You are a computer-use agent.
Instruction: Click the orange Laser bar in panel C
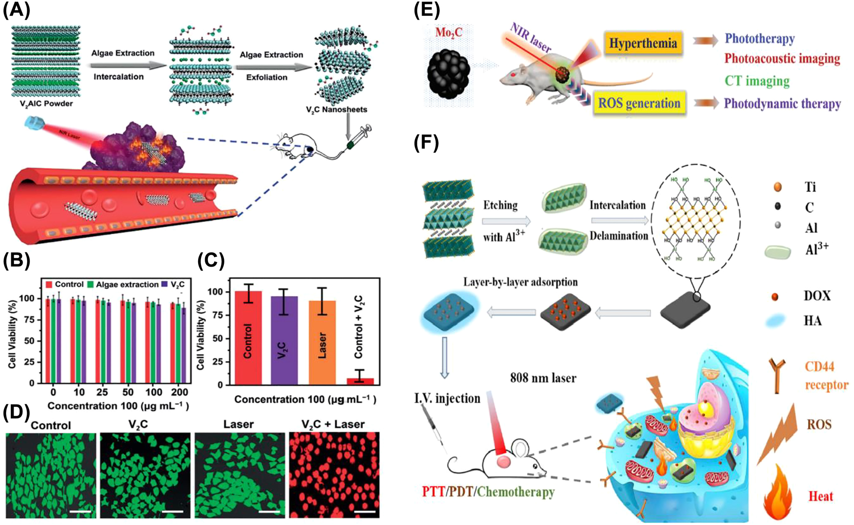pyautogui.click(x=322, y=342)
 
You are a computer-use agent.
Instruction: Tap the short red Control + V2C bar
pyautogui.click(x=360, y=381)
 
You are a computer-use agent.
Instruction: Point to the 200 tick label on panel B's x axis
pyautogui.click(x=179, y=392)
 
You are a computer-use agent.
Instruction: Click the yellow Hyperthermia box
pyautogui.click(x=643, y=44)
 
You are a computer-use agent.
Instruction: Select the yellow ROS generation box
pyautogui.click(x=639, y=103)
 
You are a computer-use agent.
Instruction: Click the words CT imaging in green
pyautogui.click(x=757, y=81)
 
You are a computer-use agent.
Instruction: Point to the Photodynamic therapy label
pyautogui.click(x=782, y=104)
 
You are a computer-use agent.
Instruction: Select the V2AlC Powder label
pyautogui.click(x=46, y=104)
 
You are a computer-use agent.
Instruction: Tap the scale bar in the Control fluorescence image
pyautogui.click(x=80, y=511)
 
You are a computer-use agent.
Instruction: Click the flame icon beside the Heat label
pyautogui.click(x=778, y=494)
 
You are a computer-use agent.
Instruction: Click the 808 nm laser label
pyautogui.click(x=543, y=377)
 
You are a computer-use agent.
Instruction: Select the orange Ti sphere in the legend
pyautogui.click(x=778, y=187)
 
